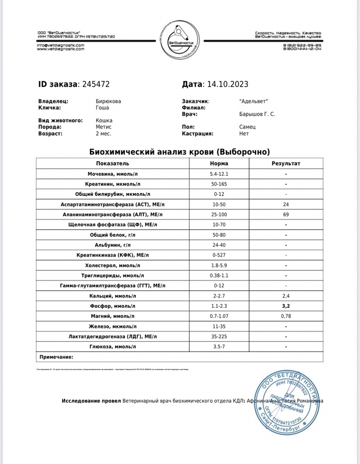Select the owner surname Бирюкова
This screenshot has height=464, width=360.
click(109, 101)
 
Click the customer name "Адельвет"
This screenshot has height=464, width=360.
click(254, 101)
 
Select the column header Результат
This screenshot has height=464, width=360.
click(285, 163)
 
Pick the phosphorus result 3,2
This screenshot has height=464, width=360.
click(285, 306)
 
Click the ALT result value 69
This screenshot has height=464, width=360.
click(285, 214)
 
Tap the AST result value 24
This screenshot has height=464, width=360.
click(285, 204)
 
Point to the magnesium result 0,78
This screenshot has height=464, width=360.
click(285, 316)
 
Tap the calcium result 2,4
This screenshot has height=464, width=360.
click(285, 295)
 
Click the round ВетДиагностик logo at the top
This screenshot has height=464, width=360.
click(179, 41)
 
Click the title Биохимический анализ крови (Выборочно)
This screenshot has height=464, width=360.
click(179, 152)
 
